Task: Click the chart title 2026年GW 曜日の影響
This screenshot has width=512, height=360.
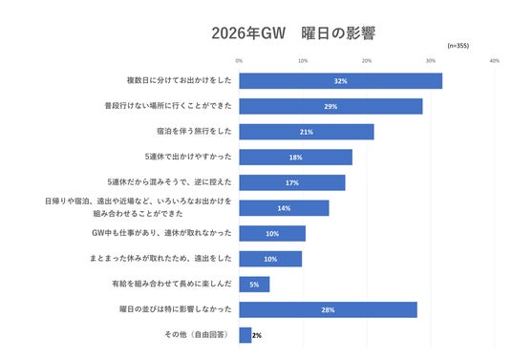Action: (293, 33)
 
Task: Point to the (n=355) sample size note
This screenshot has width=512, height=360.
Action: (459, 46)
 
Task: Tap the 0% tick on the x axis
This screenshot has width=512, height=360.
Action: (239, 61)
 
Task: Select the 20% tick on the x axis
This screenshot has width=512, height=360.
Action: (367, 61)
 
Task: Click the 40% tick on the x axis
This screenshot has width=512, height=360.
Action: (495, 61)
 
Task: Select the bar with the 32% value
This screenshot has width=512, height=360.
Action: (341, 81)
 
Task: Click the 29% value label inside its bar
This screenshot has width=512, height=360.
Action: (331, 107)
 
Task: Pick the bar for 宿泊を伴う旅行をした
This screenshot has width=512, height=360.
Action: (307, 132)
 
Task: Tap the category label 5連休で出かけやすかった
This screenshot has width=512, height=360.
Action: (188, 157)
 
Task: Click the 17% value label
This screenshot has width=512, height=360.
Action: (292, 183)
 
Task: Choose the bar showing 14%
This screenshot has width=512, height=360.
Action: (284, 208)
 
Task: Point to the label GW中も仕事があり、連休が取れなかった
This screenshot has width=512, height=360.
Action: (161, 233)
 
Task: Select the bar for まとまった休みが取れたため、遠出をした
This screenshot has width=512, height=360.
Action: (270, 259)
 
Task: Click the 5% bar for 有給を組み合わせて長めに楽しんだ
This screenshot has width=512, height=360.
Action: (254, 285)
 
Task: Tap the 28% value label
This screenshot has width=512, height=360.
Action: (328, 310)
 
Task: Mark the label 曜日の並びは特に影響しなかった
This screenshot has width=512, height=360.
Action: (176, 309)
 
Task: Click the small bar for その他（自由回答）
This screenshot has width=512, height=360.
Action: (245, 335)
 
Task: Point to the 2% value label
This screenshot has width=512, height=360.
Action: (257, 335)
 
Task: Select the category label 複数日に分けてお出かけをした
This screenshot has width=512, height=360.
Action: (180, 80)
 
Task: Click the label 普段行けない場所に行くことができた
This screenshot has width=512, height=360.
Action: (168, 106)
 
